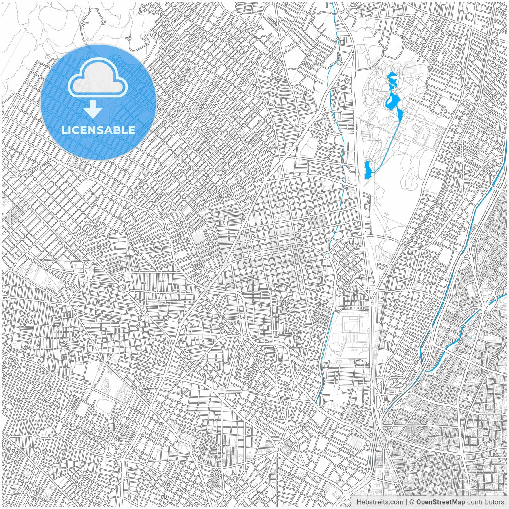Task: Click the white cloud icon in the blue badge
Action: click(98, 78)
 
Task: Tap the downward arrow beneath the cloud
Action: click(93, 109)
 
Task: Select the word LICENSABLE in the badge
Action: click(98, 130)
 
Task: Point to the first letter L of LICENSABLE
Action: click(64, 130)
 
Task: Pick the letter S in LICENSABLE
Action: click(104, 130)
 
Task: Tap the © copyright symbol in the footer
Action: click(412, 502)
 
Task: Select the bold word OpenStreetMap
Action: click(440, 502)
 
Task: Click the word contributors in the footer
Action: click(486, 502)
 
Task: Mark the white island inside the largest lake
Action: click(392, 98)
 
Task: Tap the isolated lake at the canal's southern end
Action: click(368, 169)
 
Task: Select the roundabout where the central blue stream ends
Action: click(328, 256)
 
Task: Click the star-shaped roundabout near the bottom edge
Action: click(276, 449)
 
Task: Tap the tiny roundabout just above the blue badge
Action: click(129, 39)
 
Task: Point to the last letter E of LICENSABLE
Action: click(132, 130)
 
